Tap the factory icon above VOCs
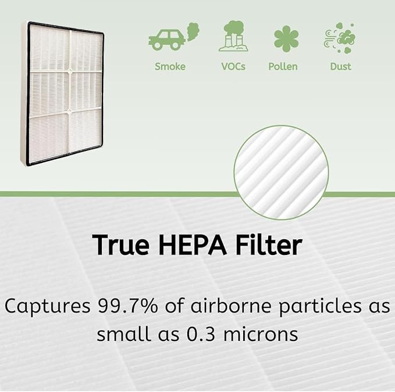[233, 37]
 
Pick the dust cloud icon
[340, 38]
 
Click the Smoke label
[170, 66]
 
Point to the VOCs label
[233, 66]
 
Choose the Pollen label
[283, 66]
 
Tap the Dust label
[340, 66]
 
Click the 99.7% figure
[133, 306]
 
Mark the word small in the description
[122, 335]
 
